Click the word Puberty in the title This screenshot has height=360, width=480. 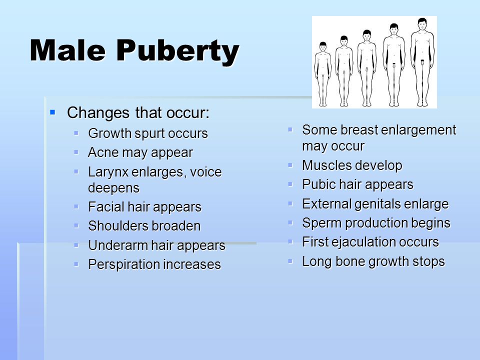tap(177, 52)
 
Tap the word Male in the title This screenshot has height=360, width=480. tap(67, 50)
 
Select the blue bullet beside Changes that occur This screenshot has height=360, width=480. tap(52, 112)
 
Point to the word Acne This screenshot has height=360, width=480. tap(103, 152)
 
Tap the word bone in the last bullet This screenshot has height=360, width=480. tap(349, 261)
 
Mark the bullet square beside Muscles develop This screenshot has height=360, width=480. tap(290, 165)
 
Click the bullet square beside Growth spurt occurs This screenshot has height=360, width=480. tap(76, 133)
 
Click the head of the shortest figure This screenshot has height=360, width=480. tap(322, 47)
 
